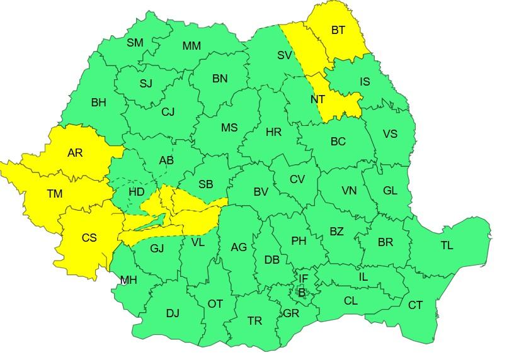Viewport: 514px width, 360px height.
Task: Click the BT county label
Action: coord(338,30)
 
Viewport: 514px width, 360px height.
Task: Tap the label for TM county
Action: coord(55,194)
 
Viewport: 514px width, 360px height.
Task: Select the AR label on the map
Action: coord(74,153)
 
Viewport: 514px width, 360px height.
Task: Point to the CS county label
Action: coord(89,237)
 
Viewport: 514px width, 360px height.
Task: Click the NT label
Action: coord(317,99)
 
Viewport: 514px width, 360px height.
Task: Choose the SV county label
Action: coord(285,55)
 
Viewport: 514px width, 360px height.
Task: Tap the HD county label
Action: coord(136,191)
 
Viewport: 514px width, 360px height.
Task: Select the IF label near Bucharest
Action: coord(303,278)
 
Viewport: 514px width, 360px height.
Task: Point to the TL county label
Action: coord(447,245)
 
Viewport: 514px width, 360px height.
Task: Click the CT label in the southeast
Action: coord(415,305)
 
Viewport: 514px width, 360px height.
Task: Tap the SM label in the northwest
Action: coord(135,43)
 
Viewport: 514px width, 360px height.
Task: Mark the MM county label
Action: coord(191,46)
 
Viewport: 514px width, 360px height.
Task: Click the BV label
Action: coord(244,192)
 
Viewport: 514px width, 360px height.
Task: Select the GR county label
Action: coord(291,313)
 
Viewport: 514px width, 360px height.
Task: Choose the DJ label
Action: coord(173,312)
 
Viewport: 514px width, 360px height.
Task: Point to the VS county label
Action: coord(390,134)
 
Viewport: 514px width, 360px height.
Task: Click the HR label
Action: coord(273,132)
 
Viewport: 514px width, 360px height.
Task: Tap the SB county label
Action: coord(205,184)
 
